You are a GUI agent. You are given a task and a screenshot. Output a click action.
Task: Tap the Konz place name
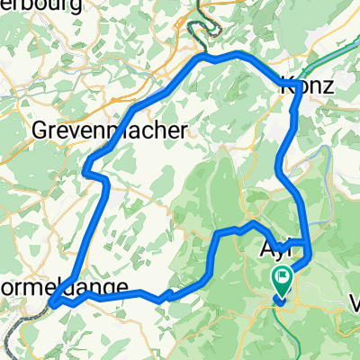click(309, 88)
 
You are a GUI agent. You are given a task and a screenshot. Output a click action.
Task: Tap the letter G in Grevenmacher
click(40, 130)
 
